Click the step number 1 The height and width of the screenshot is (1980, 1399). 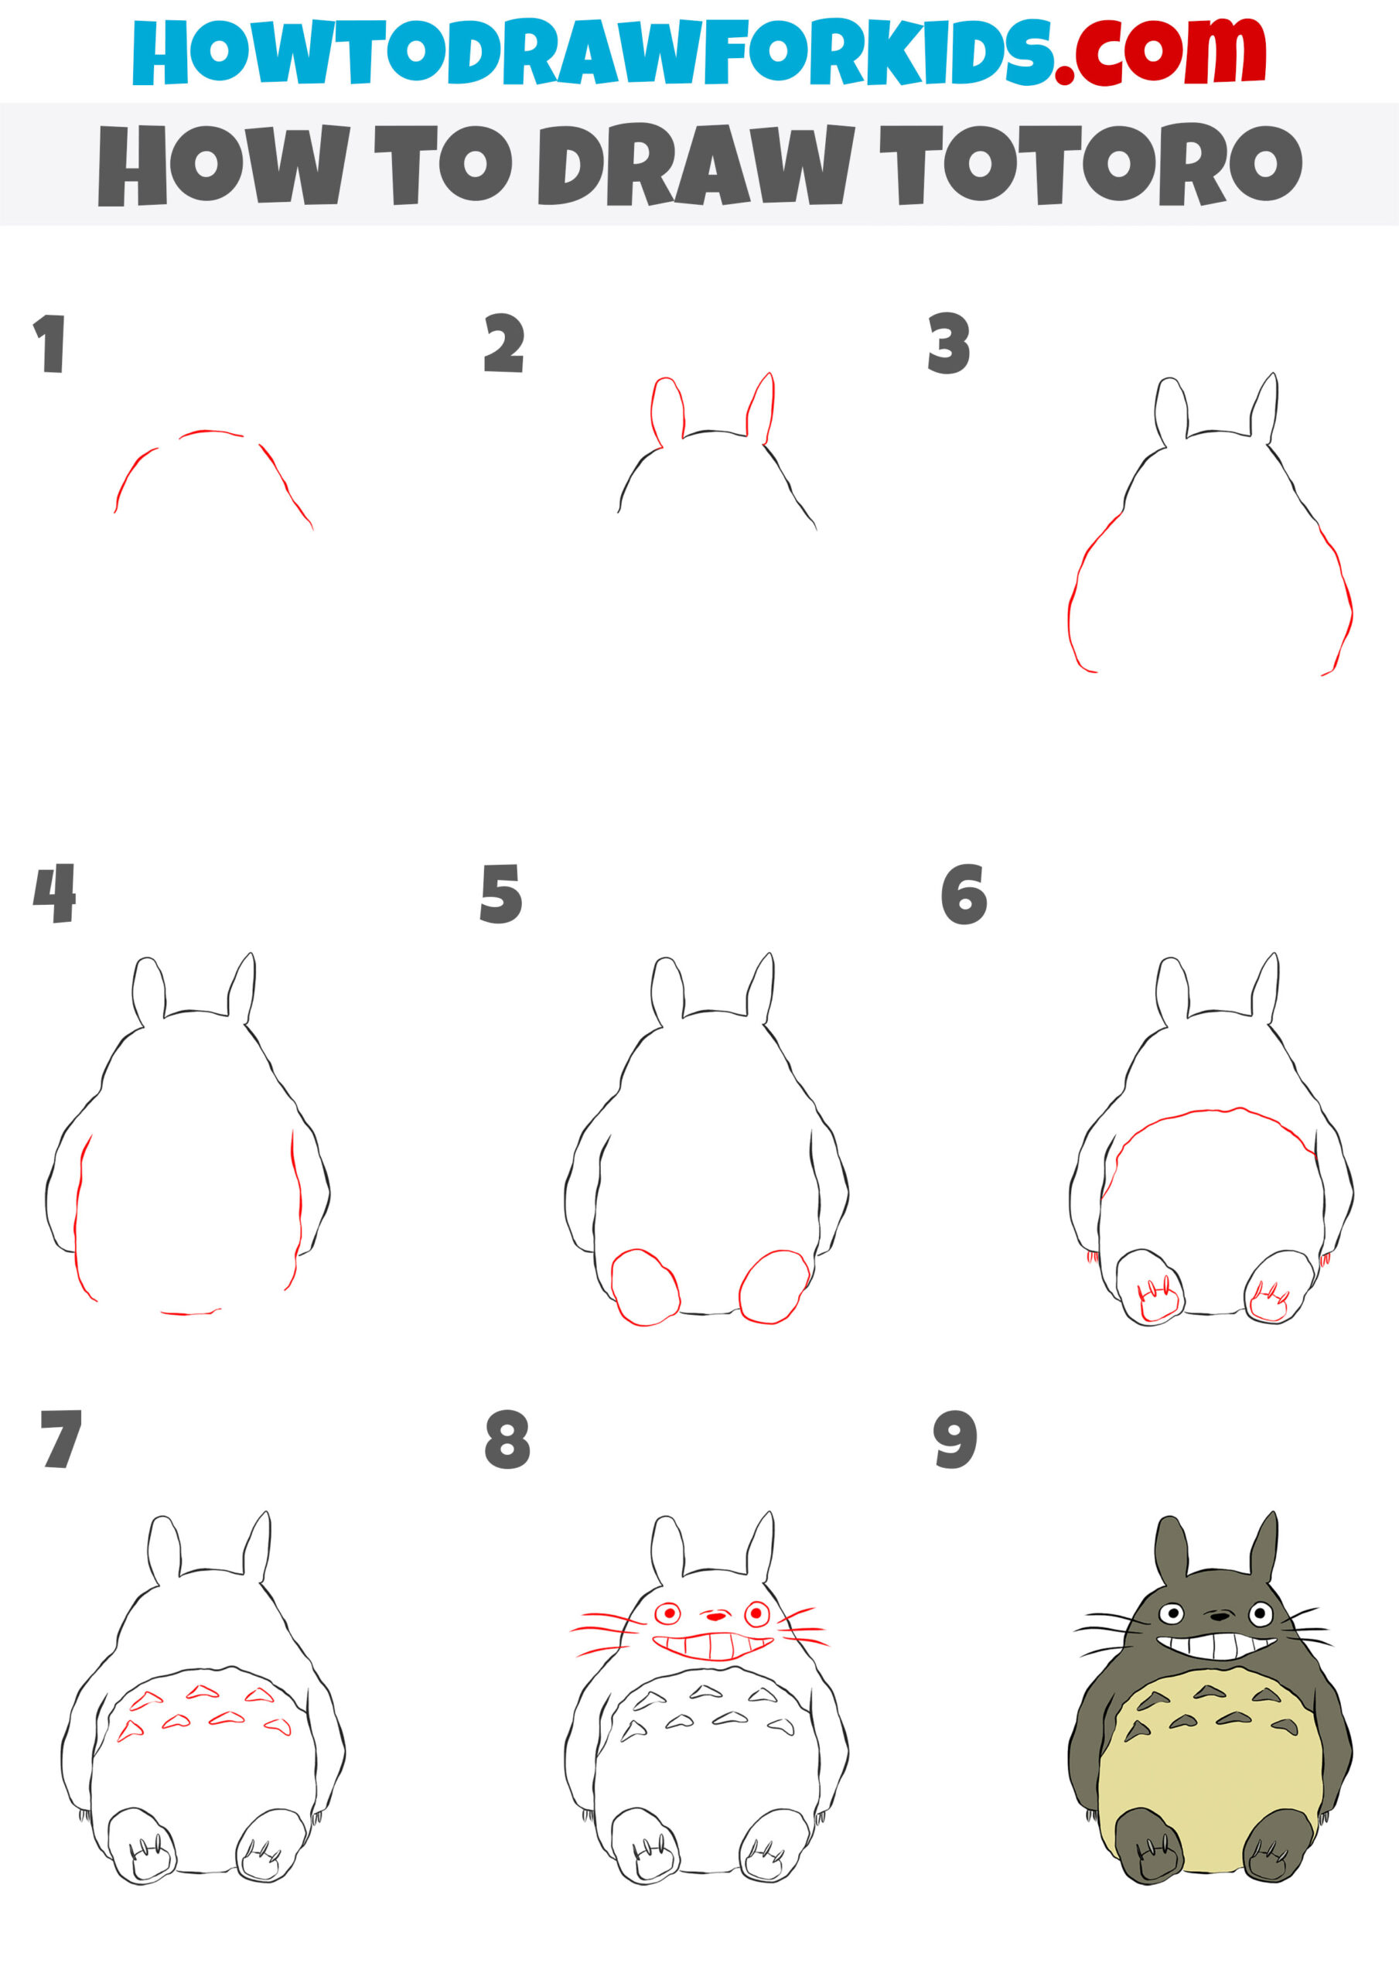tap(50, 343)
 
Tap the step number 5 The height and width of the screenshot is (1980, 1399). tap(501, 894)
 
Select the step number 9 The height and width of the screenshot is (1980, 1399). tap(955, 1439)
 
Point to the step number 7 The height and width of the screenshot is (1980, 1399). tap(60, 1439)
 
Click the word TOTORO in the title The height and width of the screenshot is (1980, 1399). tap(1090, 164)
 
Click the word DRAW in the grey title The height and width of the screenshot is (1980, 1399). tap(695, 164)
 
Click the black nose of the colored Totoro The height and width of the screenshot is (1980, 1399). tap(1218, 1613)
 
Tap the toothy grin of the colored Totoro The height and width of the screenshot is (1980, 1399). tap(1217, 1644)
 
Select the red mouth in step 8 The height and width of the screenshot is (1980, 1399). tap(711, 1645)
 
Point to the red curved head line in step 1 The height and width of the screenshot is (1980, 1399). tap(211, 432)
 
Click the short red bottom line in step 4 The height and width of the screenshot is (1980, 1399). tap(189, 1313)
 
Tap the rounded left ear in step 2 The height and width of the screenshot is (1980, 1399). tap(667, 410)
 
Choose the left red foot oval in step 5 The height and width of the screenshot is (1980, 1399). tap(645, 1287)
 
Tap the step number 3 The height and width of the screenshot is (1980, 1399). tap(949, 343)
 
